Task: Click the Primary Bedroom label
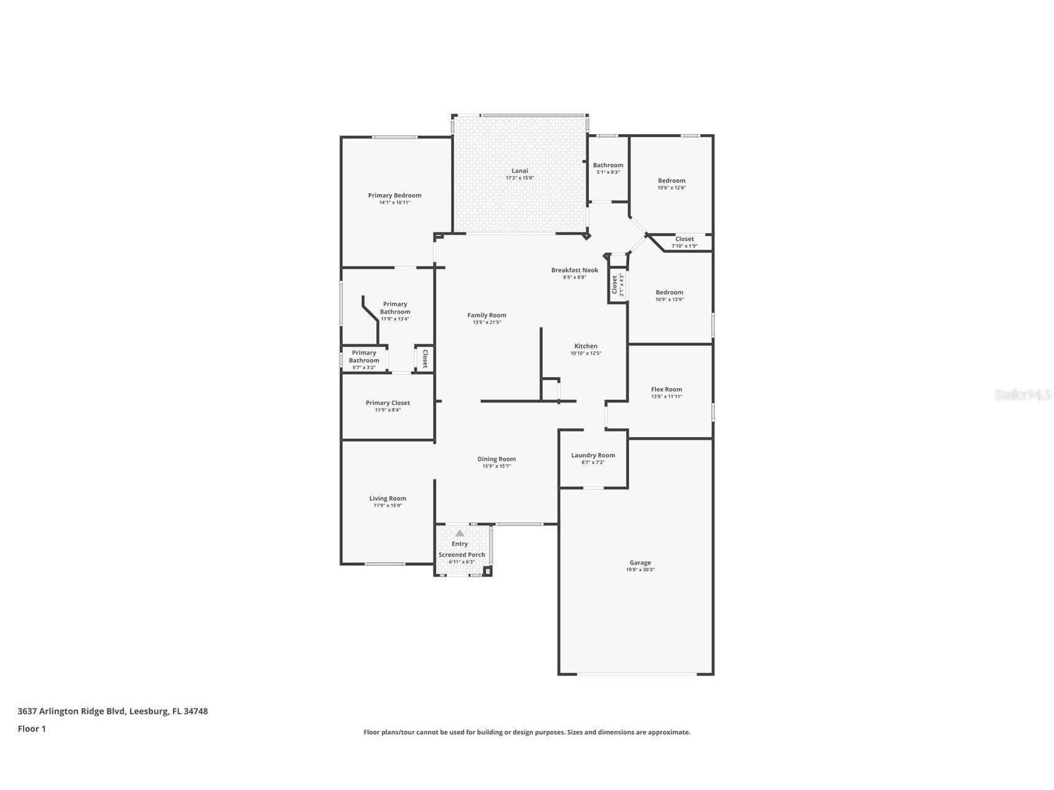coord(394,195)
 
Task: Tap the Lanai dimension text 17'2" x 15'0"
coord(520,178)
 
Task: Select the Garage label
coord(640,563)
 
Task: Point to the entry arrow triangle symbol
coord(460,533)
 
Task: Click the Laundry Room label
coord(593,455)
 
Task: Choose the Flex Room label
coord(666,389)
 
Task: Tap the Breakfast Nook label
coord(575,270)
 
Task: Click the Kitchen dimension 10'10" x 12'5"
coord(586,353)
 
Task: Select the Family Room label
coord(487,315)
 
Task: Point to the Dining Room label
coord(496,459)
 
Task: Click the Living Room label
coord(388,498)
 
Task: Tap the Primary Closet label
coord(388,402)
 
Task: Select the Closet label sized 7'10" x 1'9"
coord(684,238)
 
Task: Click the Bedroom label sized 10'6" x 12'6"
coord(671,181)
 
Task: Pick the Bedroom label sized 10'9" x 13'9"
coord(669,292)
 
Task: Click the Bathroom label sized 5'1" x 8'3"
coord(608,165)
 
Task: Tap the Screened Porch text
coord(461,555)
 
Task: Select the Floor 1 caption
coord(32,729)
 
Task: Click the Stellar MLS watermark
coord(1022,394)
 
